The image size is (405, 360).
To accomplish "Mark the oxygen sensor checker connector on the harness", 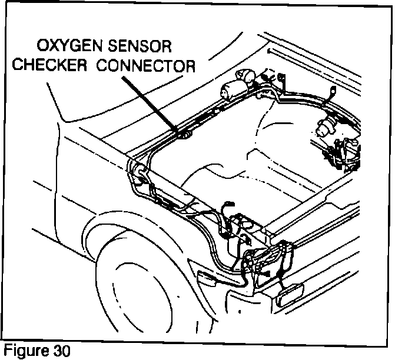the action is click(x=185, y=136).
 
